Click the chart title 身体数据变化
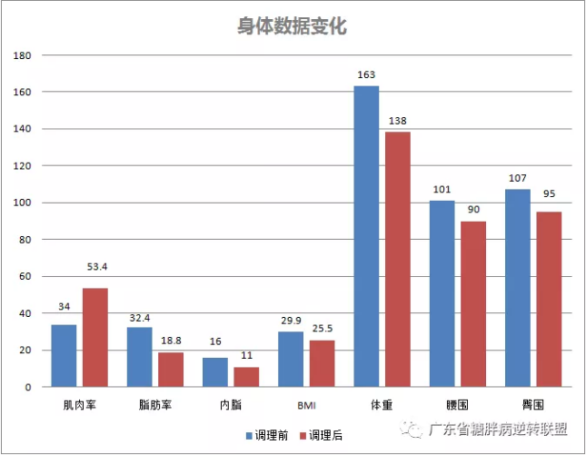point(293,26)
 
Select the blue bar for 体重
point(366,236)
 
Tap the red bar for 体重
point(398,259)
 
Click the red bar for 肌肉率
point(95,337)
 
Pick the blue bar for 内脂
point(215,372)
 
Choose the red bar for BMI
point(323,363)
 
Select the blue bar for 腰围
point(442,293)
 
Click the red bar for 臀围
point(549,299)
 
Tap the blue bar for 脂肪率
point(139,357)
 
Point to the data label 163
point(366,74)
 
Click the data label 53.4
point(97,267)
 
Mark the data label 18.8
point(171,341)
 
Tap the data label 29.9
point(291,321)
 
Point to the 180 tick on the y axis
point(22,55)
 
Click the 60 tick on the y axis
point(25,276)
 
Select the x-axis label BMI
point(306,405)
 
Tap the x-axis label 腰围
point(457,405)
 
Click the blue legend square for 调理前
point(249,436)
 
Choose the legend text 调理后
point(325,435)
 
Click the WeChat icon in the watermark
point(411,430)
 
